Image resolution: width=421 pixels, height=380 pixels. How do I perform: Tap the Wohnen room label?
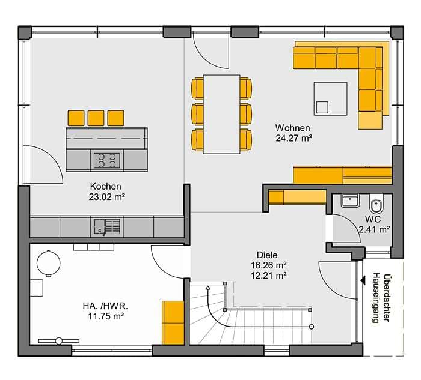(292, 128)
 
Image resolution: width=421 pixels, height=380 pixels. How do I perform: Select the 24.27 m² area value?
(293, 138)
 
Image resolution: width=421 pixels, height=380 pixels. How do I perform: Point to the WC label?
(373, 219)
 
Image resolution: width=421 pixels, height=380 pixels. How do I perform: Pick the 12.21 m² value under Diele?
(268, 275)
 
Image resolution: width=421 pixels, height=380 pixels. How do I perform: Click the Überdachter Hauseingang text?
(381, 298)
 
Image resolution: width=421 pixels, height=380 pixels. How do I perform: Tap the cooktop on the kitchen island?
(107, 160)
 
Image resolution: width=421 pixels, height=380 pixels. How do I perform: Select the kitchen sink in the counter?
(107, 227)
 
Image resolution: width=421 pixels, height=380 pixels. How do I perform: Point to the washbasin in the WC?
(350, 201)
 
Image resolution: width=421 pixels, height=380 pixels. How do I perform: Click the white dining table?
(221, 114)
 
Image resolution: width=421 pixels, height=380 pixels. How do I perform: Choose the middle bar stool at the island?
(96, 118)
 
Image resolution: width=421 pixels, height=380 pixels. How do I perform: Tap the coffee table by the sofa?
(331, 99)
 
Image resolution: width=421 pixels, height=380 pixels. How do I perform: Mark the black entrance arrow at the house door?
(363, 280)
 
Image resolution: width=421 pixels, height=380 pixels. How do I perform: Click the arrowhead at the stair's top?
(207, 288)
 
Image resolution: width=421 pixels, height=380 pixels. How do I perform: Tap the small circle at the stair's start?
(312, 327)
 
